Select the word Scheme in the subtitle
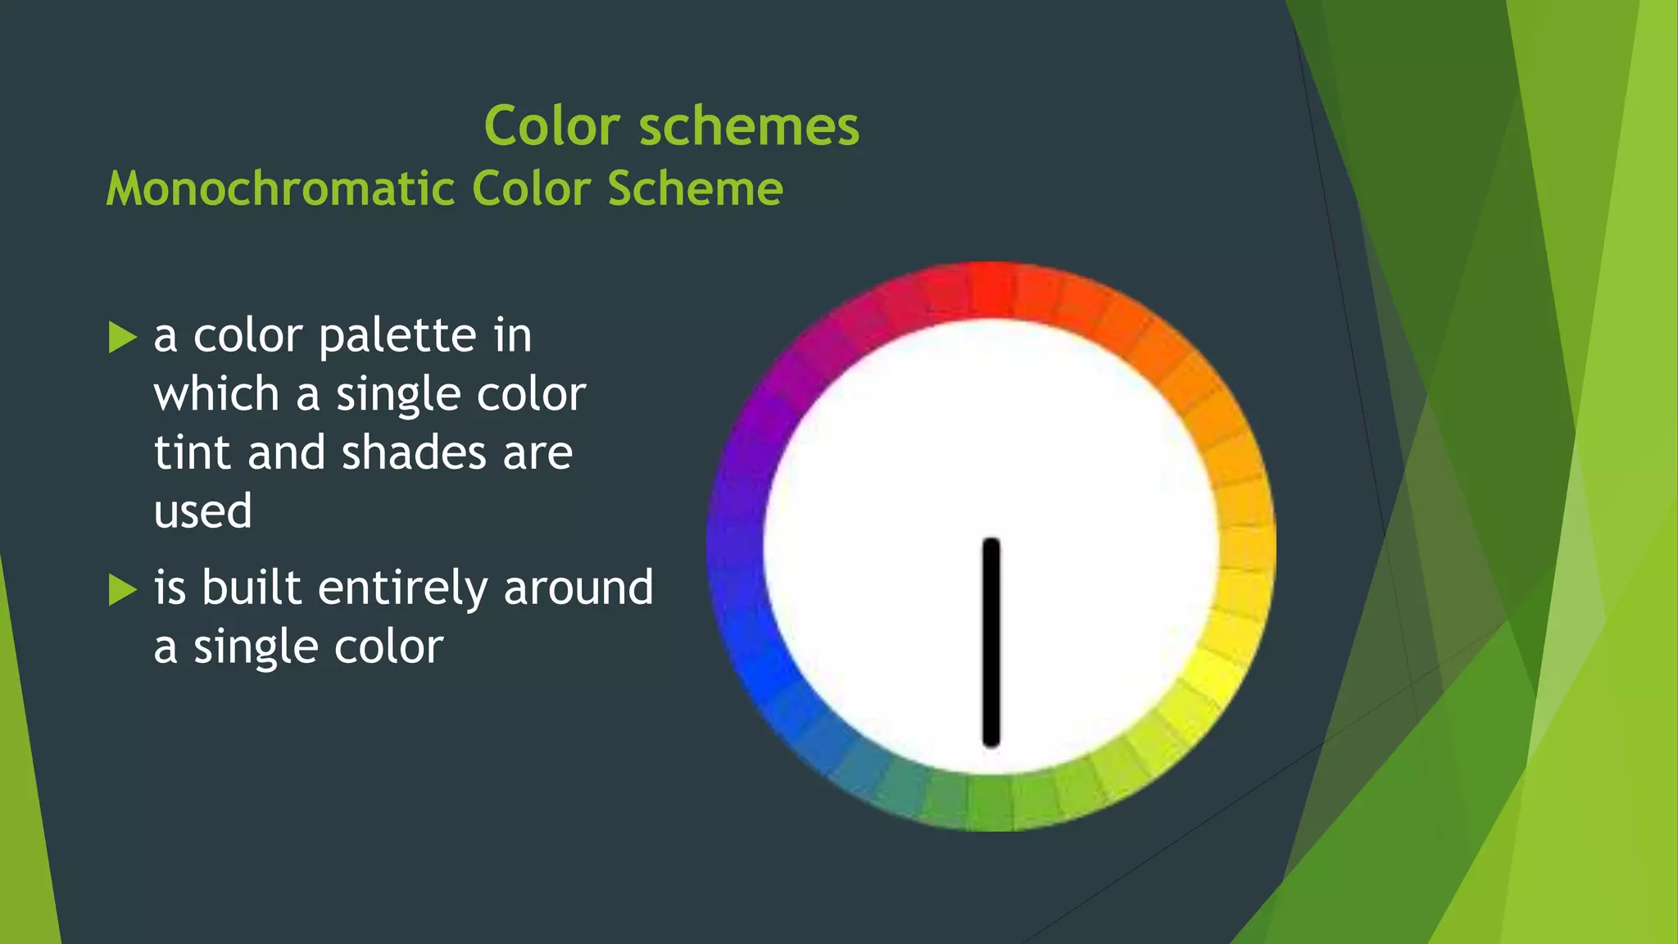click(x=695, y=188)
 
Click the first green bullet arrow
click(x=122, y=337)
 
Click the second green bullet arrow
click(x=122, y=589)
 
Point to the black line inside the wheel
click(x=991, y=642)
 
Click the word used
click(x=202, y=511)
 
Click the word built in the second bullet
click(x=252, y=588)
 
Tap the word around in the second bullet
click(x=578, y=588)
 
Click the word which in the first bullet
click(x=216, y=394)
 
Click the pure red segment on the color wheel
click(x=991, y=289)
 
